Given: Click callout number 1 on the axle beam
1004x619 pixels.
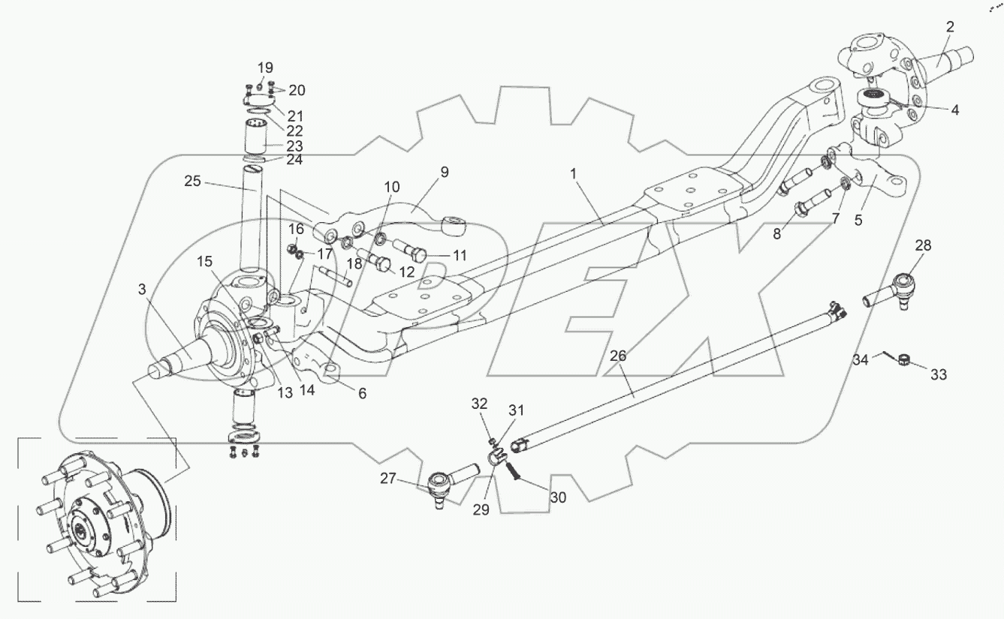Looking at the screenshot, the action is [573, 174].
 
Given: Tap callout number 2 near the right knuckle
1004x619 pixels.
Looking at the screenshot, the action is [950, 27].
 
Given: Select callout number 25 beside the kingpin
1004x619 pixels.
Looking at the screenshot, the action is [193, 181].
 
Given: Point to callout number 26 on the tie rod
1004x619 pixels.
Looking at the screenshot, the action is [618, 356].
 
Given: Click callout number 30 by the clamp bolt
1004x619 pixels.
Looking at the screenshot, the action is [558, 497].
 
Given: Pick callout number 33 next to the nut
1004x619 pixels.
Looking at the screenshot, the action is [939, 374].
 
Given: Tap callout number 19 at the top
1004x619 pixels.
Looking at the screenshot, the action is [265, 68].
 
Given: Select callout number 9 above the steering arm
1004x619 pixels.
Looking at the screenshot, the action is [445, 172].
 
